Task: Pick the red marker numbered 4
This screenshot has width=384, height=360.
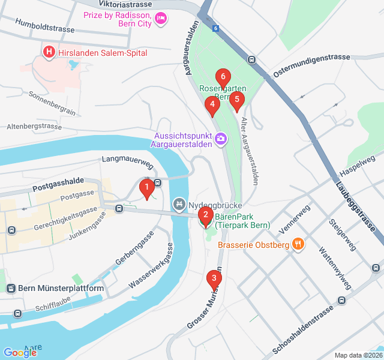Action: [211, 106]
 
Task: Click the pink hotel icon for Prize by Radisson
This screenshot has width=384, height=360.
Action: [160, 19]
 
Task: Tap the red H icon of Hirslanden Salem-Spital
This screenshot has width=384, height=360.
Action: [49, 53]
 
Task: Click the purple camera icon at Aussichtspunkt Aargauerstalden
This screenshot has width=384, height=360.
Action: [221, 139]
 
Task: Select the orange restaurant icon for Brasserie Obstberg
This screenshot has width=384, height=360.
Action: [297, 244]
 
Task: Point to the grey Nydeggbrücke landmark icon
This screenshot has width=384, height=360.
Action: [178, 205]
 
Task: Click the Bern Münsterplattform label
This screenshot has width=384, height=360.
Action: [61, 289]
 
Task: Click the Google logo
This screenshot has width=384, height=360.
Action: [20, 353]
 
